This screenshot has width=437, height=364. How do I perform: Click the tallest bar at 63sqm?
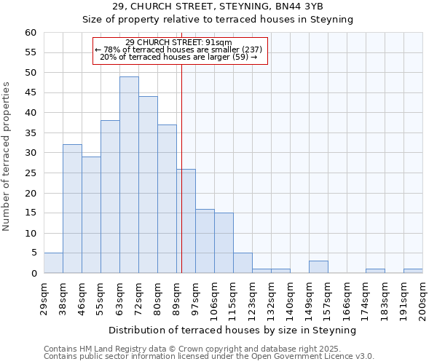click(x=129, y=175)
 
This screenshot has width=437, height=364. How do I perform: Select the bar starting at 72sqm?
click(x=148, y=185)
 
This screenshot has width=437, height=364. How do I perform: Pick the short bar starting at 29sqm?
click(x=53, y=263)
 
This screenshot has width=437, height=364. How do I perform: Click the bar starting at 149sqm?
click(x=318, y=267)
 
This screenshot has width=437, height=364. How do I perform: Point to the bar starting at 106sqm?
click(x=224, y=243)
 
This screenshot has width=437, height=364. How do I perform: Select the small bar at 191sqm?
click(x=413, y=271)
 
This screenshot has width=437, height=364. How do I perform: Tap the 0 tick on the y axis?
click(x=34, y=274)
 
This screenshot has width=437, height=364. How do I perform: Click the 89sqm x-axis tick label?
click(x=176, y=297)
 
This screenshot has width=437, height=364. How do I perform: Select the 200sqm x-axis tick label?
click(x=422, y=299)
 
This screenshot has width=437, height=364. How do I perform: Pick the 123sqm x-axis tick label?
click(x=252, y=299)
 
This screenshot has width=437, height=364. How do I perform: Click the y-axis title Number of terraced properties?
click(x=7, y=157)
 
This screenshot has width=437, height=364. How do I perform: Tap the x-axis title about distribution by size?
click(x=232, y=330)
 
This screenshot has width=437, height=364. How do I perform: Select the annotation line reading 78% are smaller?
click(x=178, y=50)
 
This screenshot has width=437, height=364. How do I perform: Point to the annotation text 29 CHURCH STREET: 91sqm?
click(x=178, y=42)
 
